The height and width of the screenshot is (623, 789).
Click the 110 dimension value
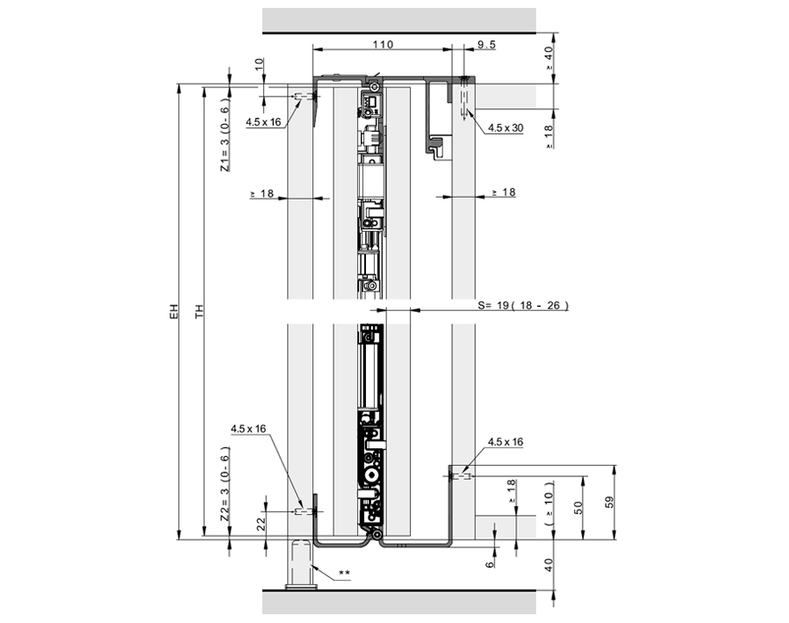[x=383, y=44]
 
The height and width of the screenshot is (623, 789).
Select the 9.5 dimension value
[x=487, y=44]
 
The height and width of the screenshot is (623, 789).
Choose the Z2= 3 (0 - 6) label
[x=225, y=482]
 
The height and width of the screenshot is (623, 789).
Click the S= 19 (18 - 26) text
[x=523, y=306]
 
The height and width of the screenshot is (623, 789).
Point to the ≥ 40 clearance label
[x=549, y=55]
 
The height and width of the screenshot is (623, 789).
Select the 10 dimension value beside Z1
[x=259, y=66]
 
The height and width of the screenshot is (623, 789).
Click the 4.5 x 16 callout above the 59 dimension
[x=506, y=442]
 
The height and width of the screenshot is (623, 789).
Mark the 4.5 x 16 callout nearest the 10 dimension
[x=262, y=122]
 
